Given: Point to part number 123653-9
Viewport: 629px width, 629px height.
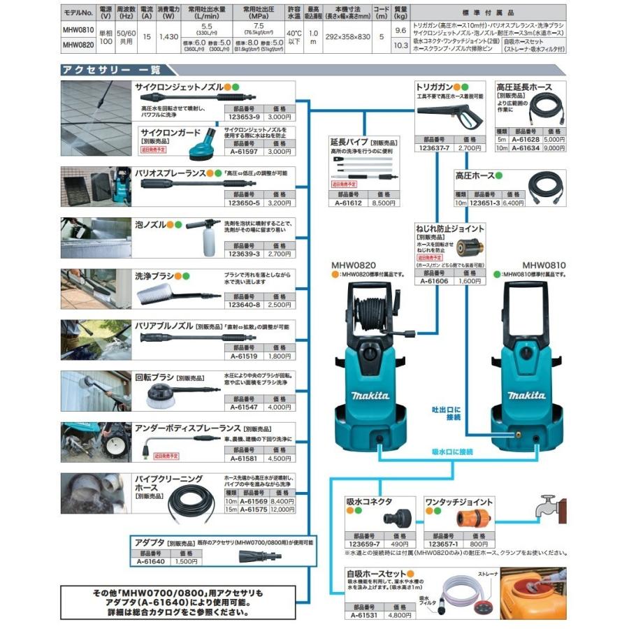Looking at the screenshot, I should tap(243, 117).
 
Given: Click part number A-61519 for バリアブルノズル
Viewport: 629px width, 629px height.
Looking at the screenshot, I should tap(243, 356).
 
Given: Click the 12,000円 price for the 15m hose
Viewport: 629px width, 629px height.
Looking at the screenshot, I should tap(282, 510).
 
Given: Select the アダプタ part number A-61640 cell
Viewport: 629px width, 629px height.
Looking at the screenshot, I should tap(149, 561).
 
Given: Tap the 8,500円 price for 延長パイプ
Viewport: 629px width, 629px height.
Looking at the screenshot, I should tap(384, 203).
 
